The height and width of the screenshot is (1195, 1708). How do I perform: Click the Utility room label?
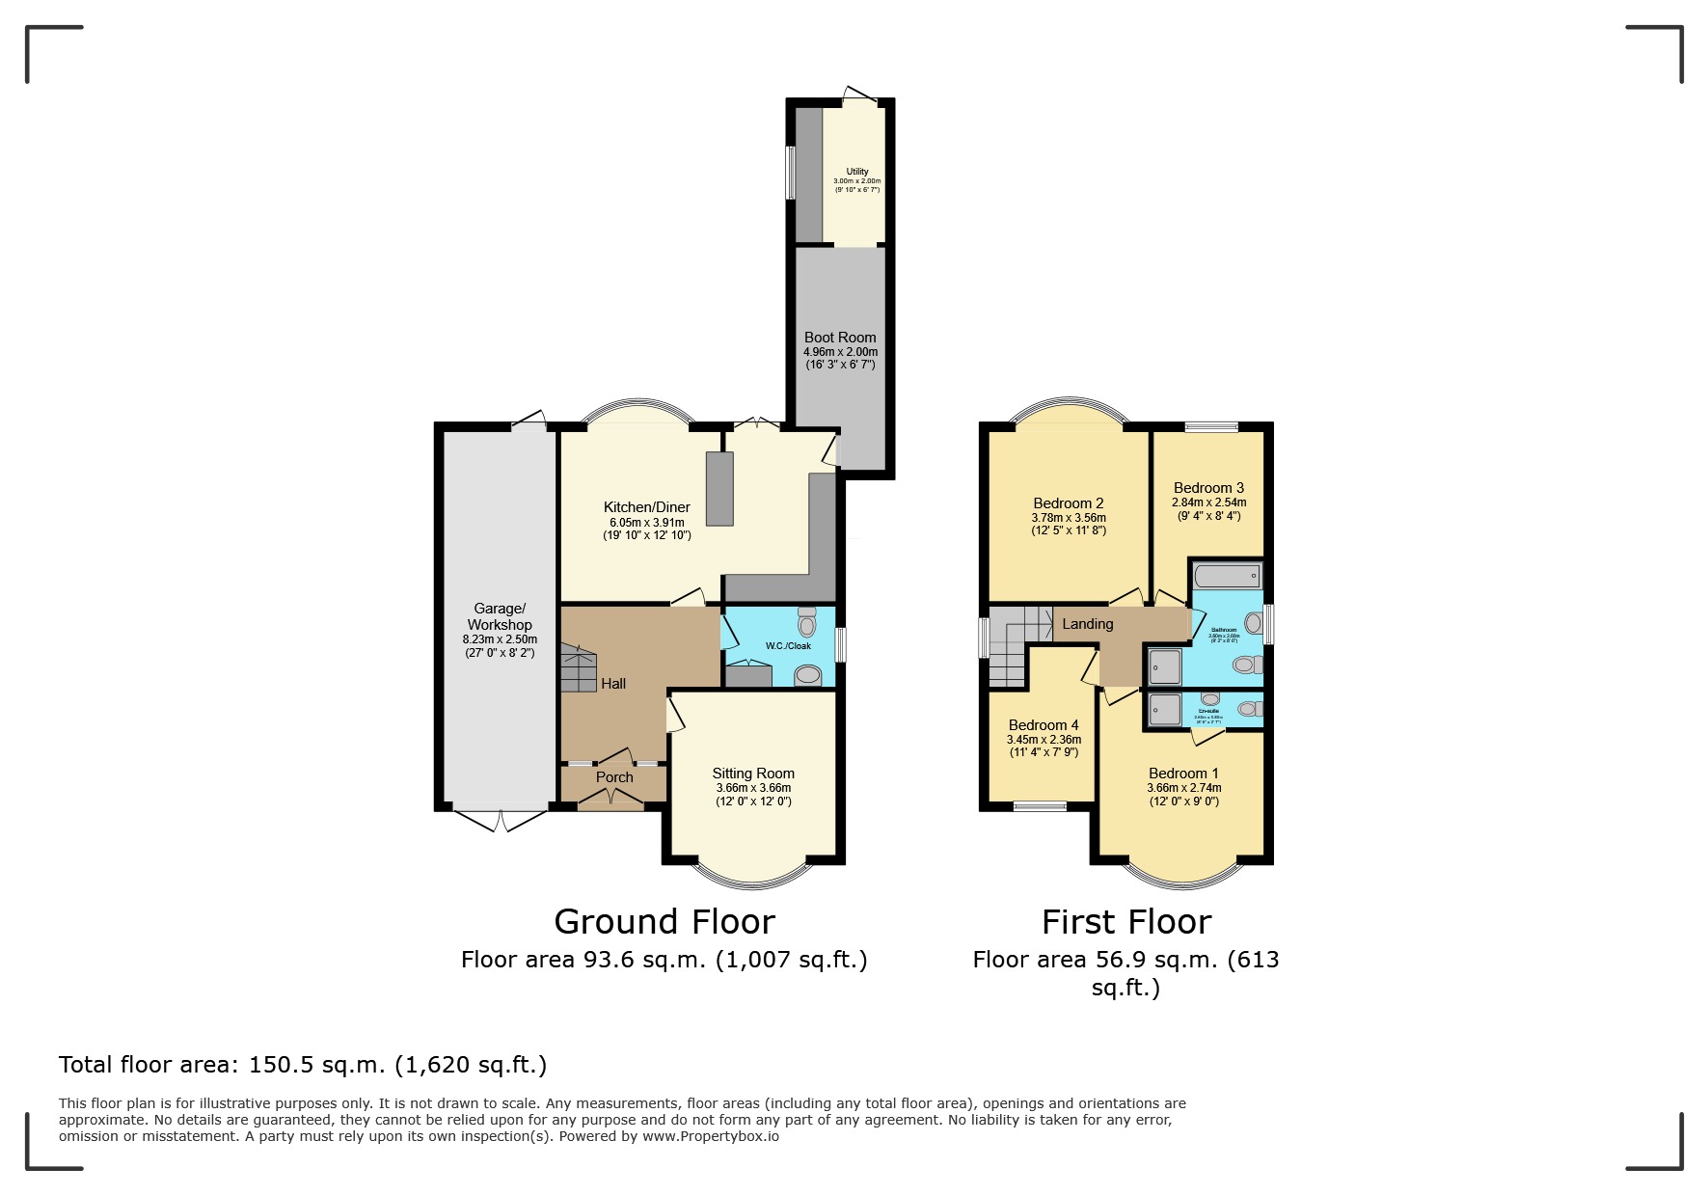point(856,172)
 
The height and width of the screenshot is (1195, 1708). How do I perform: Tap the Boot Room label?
point(840,338)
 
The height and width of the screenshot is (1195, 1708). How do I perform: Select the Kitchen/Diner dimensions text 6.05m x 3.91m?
point(647,522)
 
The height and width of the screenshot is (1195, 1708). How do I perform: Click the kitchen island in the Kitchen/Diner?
point(719,488)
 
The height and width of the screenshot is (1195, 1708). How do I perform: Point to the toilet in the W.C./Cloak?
point(807,622)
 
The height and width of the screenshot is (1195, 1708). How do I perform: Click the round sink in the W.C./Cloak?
point(807,676)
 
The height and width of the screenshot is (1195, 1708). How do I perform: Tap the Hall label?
point(613,684)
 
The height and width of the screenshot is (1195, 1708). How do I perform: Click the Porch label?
point(614,777)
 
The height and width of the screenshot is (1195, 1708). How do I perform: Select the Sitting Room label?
point(753,774)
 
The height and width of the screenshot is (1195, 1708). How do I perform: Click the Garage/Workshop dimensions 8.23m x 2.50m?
point(500,639)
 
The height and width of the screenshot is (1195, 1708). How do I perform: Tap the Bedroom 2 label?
point(1068,503)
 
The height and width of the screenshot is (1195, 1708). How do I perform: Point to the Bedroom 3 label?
point(1208,488)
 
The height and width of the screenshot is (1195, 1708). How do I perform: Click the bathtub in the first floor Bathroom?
point(1227,577)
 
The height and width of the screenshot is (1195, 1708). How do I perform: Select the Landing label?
point(1087,624)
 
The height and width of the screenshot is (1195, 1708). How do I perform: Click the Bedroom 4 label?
point(1044,725)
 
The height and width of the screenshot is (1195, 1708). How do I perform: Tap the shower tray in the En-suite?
point(1165,711)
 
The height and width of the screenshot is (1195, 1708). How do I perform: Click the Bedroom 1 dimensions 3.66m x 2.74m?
point(1183,788)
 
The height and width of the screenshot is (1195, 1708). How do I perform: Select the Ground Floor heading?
point(664,922)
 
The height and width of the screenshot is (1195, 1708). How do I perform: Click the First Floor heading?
point(1125,922)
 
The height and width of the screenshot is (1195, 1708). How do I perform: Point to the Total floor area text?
point(303,1065)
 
